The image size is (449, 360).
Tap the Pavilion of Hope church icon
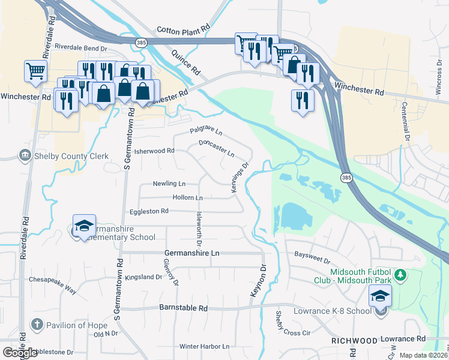pyautogui.click(x=36, y=325)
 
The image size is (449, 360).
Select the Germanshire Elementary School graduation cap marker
pyautogui.click(x=84, y=226)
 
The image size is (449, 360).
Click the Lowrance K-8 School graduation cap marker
pyautogui.click(x=380, y=296)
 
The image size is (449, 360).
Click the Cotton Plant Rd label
pyautogui.click(x=183, y=29)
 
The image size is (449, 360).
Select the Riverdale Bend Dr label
pyautogui.click(x=80, y=46)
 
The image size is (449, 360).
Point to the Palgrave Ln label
pyautogui.click(x=206, y=130)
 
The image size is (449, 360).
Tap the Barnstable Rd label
pyautogui.click(x=183, y=308)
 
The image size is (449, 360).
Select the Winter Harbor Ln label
pyautogui.click(x=204, y=346)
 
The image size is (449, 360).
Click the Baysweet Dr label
pyautogui.click(x=312, y=257)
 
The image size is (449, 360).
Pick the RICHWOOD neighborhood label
pyautogui.click(x=354, y=340)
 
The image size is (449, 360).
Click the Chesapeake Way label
pyautogui.click(x=54, y=285)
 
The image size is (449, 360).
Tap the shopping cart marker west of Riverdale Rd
pyautogui.click(x=35, y=71)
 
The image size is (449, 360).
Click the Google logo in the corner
pyautogui.click(x=20, y=353)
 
